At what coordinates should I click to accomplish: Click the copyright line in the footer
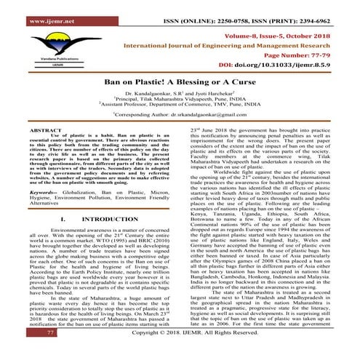click(x=196, y=352)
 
